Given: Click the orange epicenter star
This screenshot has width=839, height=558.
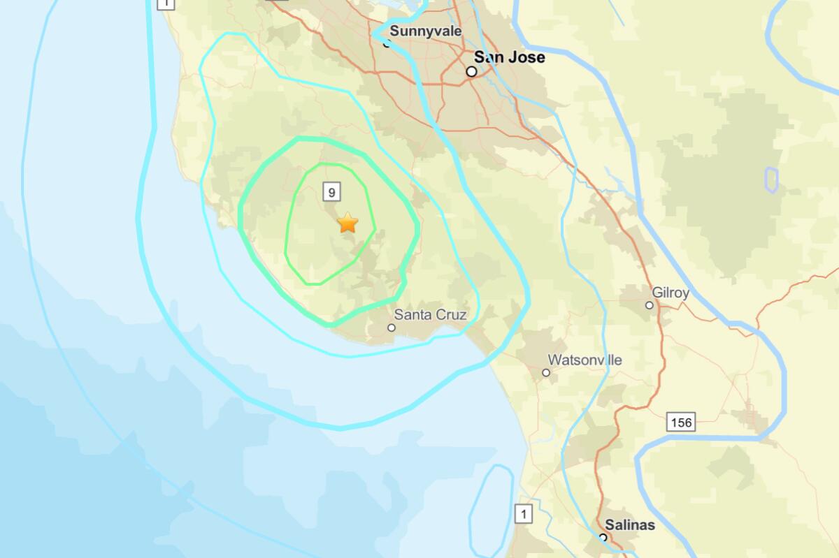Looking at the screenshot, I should coord(347,223).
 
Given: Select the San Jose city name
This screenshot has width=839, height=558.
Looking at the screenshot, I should coord(509,57).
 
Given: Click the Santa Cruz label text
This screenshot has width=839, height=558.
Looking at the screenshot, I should coord(430,315).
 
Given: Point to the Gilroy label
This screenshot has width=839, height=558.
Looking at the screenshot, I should coord(670,293).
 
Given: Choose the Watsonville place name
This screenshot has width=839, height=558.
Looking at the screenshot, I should coord(585,360).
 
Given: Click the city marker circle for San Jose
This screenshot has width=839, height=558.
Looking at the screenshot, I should coord(472,72).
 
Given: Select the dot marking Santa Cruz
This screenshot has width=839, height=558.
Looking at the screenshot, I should coord(392,328).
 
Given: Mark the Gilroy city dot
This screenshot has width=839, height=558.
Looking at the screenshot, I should coord(650,305).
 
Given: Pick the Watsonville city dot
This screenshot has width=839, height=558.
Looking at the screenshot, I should coord(546,373).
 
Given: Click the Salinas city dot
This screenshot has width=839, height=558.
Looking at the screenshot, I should coord(603,537).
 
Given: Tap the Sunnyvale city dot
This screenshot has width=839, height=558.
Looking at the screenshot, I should coord(387,43).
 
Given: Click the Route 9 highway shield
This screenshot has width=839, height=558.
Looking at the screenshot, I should coord(331,190).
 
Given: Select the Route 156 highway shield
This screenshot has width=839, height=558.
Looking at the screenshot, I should coord(680,422).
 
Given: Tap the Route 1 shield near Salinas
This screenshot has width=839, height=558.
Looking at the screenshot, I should coord(523,515).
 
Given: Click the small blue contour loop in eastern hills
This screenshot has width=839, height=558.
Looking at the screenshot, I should coord(771,179).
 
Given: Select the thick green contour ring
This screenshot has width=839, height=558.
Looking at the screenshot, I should coord(240,210).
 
